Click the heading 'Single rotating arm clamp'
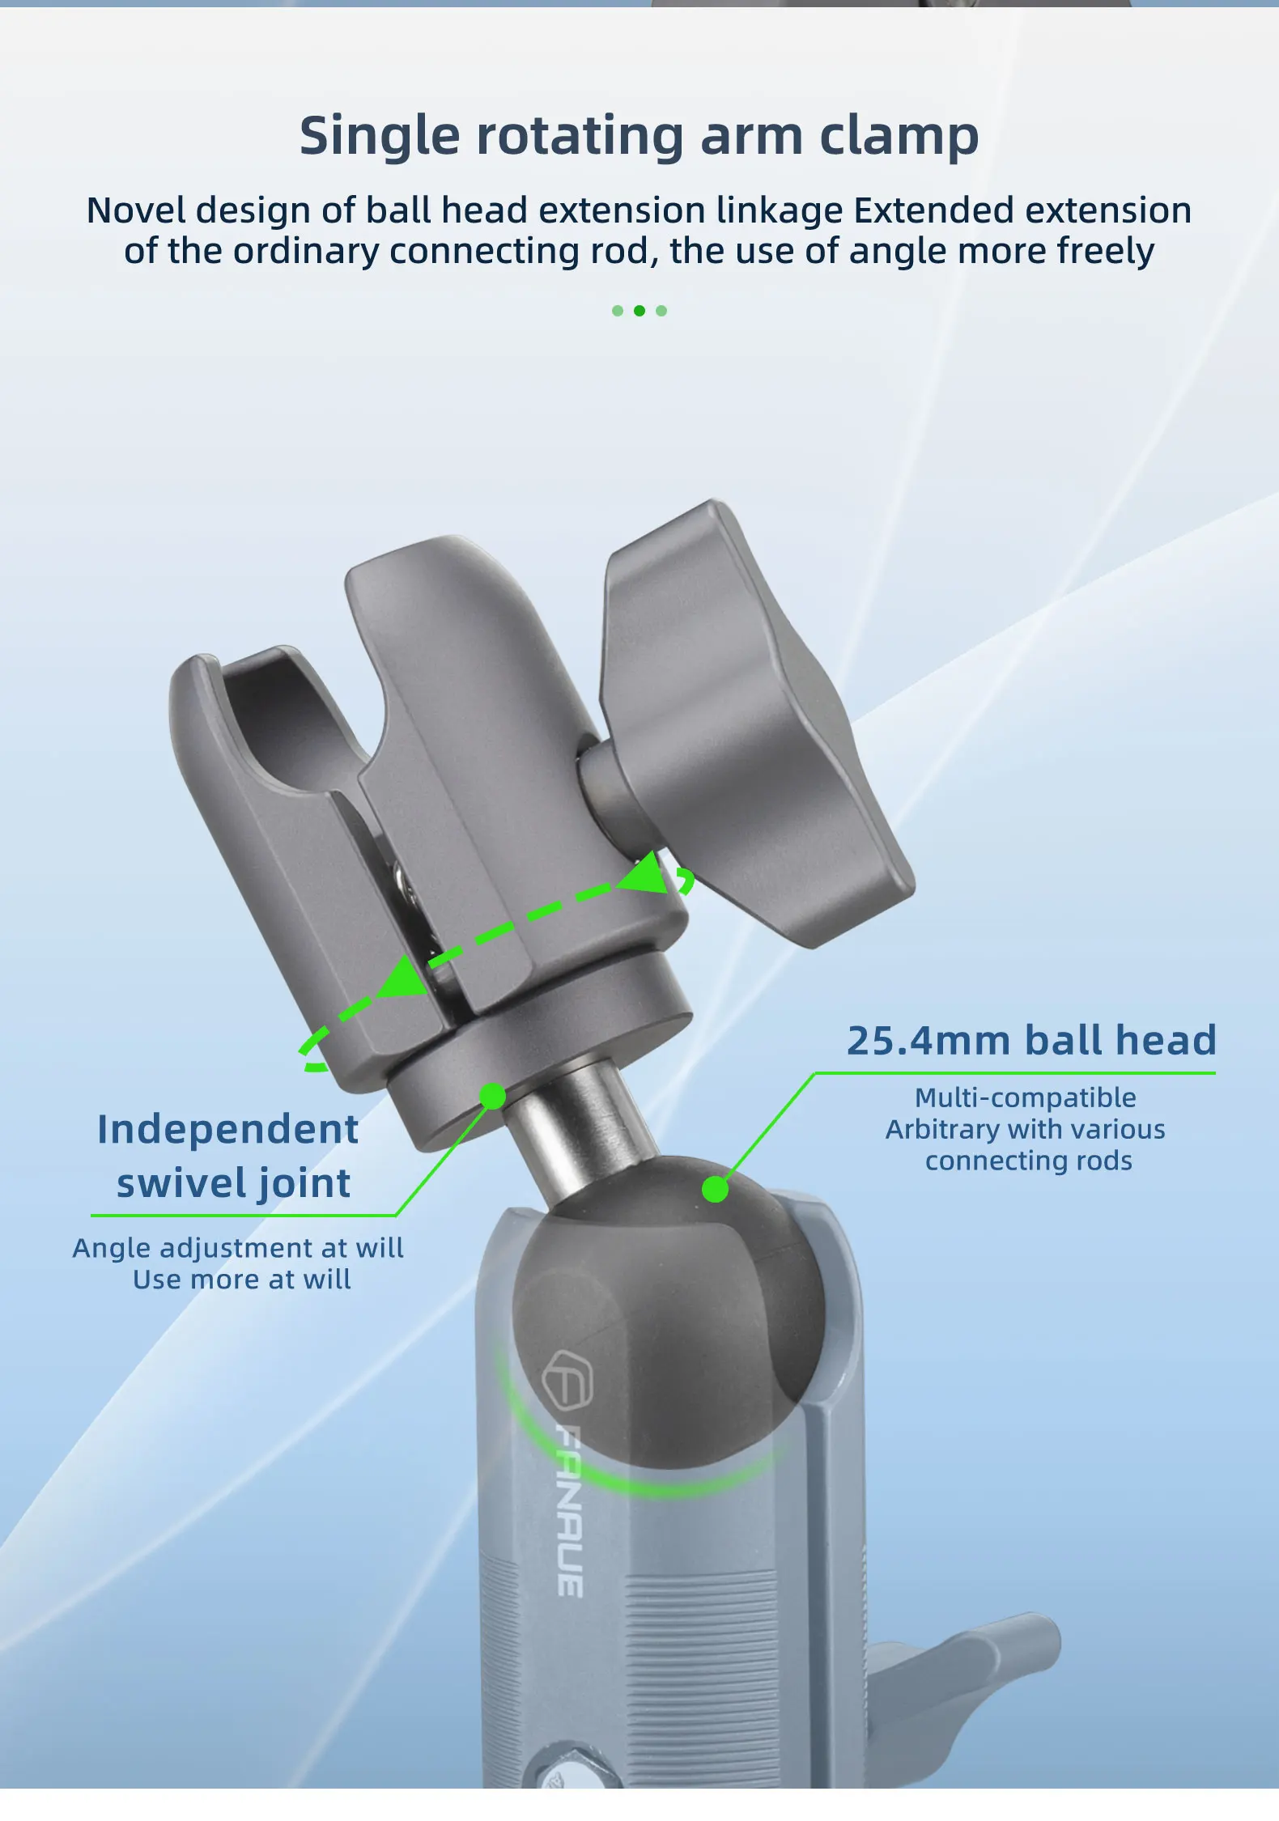coord(639,136)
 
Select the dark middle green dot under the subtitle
coord(639,311)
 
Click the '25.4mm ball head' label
coord(1031,1041)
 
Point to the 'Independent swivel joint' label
coord(228,1156)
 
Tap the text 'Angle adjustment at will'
coord(238,1248)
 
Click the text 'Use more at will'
coord(242,1280)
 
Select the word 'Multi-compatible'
coord(1026,1098)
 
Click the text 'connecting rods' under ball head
coord(1029,1161)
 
